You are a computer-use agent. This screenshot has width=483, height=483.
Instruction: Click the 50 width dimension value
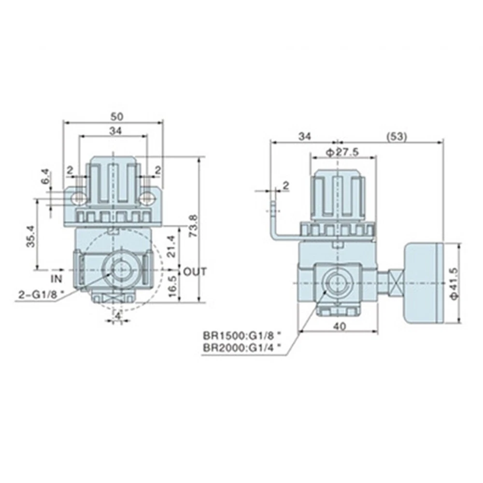pos(117,116)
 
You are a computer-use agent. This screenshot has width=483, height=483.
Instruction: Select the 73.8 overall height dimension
pos(193,226)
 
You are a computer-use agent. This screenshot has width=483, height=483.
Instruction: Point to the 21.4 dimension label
pos(171,246)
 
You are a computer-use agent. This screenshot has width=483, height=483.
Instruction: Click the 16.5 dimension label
pos(173,286)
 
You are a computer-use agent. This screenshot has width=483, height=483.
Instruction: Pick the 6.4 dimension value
pos(45,176)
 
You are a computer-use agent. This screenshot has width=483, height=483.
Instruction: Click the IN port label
pos(57,279)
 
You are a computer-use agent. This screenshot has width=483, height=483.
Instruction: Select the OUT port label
pos(195,271)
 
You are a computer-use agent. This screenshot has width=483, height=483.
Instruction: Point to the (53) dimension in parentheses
pos(397,137)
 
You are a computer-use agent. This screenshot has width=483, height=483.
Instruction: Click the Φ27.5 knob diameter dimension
pos(342,152)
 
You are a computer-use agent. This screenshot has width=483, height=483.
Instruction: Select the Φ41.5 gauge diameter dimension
pos(455,283)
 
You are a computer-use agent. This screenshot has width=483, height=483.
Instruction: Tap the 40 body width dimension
pos(340,326)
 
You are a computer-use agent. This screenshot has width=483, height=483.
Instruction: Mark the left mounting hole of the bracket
pos(79,199)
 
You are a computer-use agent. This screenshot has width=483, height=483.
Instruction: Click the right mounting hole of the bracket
pos(147,198)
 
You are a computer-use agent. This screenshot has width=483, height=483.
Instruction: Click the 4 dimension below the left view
pos(117,315)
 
